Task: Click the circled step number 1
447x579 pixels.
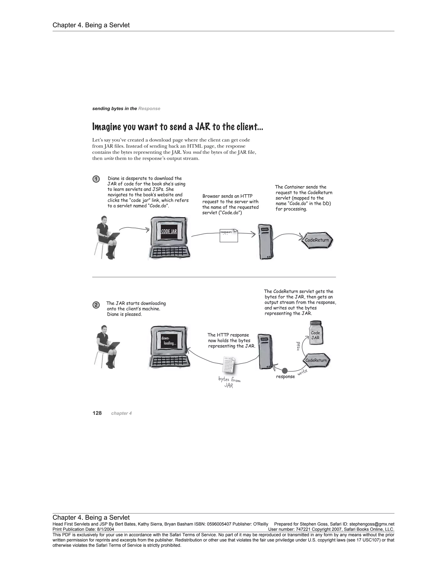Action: (96, 179)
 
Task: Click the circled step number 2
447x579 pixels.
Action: (96, 305)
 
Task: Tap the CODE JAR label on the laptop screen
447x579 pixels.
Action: (169, 231)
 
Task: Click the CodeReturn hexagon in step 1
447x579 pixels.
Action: (317, 240)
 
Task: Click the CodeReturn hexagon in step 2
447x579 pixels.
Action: (316, 361)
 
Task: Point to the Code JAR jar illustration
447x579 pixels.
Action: (316, 333)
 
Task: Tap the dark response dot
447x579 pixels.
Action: (285, 370)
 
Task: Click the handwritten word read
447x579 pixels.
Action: (298, 346)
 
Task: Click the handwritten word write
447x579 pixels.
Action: (302, 372)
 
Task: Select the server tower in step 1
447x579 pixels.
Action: (266, 242)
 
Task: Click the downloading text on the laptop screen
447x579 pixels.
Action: (169, 341)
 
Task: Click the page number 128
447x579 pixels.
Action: (97, 413)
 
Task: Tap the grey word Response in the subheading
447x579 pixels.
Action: (149, 109)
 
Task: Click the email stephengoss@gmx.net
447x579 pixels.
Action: (371, 524)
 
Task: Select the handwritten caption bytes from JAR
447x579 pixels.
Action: (229, 382)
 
